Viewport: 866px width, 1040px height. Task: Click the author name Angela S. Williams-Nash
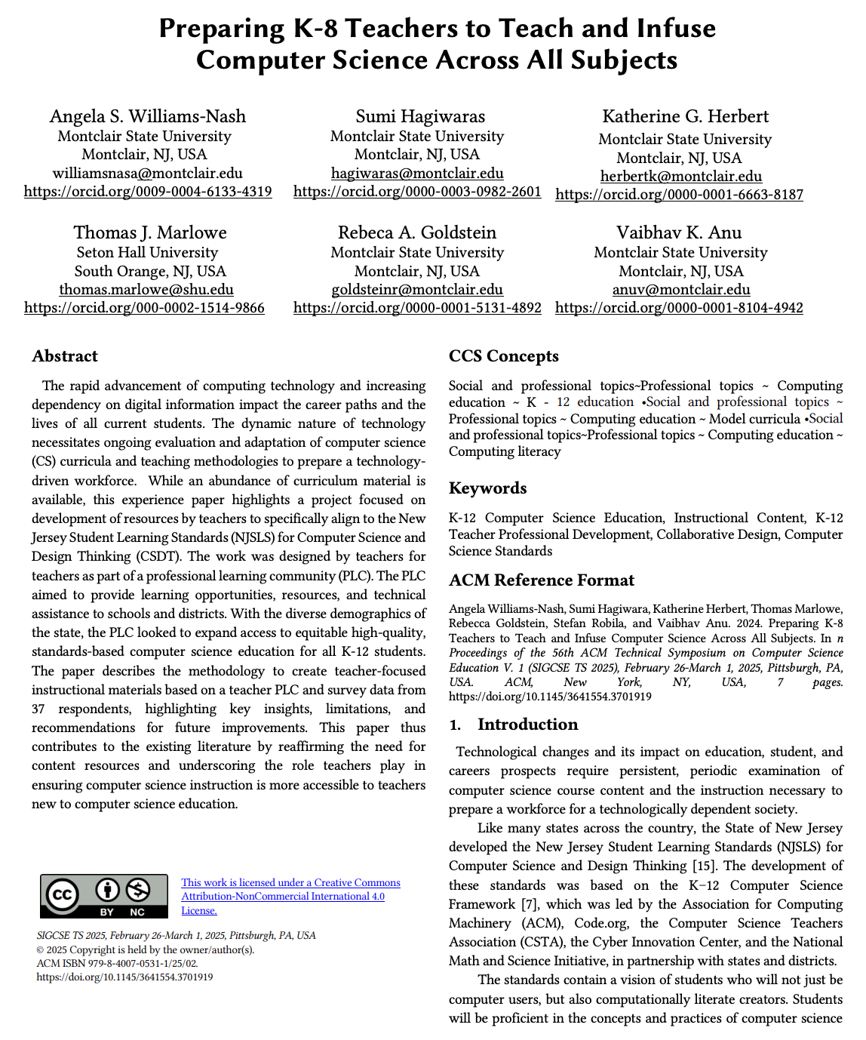(148, 116)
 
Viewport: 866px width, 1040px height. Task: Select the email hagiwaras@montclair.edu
(417, 174)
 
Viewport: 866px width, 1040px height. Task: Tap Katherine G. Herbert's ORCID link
(679, 195)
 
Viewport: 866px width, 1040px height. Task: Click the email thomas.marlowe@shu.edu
(146, 290)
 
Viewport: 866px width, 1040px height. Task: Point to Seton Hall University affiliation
(147, 253)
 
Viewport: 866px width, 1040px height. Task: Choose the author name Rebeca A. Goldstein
(417, 232)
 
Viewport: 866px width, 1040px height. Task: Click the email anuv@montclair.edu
(681, 290)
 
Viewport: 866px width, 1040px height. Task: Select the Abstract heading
(65, 356)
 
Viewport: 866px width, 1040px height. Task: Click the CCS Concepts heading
(504, 356)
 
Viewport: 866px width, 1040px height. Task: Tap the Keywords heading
(487, 488)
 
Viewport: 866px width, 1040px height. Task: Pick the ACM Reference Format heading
(542, 580)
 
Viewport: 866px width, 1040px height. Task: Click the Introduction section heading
(527, 725)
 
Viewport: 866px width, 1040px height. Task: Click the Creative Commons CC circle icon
(62, 895)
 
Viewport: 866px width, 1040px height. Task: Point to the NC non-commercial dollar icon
(137, 891)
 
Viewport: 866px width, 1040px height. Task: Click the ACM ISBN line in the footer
(117, 964)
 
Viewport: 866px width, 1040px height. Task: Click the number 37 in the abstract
(38, 709)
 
